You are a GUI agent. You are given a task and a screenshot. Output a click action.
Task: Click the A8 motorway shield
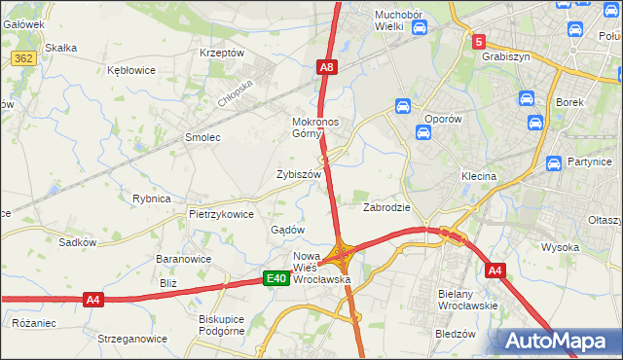[327, 67]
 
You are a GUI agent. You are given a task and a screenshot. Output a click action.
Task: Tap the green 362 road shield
[25, 59]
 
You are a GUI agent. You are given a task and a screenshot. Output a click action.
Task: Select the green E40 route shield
[276, 279]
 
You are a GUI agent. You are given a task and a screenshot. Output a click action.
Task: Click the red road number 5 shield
[479, 42]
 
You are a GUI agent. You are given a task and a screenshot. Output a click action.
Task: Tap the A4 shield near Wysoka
[495, 270]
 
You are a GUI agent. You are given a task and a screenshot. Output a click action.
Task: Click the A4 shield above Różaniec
[92, 300]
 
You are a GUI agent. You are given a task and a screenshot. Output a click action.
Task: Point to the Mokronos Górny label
[314, 128]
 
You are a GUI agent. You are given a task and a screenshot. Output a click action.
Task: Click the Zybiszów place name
[299, 174]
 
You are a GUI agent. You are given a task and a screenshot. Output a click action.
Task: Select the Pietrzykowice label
[221, 214]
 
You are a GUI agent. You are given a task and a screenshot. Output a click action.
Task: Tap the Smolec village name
[203, 138]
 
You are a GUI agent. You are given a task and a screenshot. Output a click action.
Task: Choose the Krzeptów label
[220, 53]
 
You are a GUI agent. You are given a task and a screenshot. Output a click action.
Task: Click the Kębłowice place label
[133, 71]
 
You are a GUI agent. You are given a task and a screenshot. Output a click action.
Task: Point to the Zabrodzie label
[386, 207]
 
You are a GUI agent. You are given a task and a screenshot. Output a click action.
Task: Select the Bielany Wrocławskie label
[469, 299]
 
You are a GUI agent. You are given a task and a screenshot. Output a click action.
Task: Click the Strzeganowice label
[126, 339]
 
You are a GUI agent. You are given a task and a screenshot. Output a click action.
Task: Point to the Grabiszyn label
[505, 56]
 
